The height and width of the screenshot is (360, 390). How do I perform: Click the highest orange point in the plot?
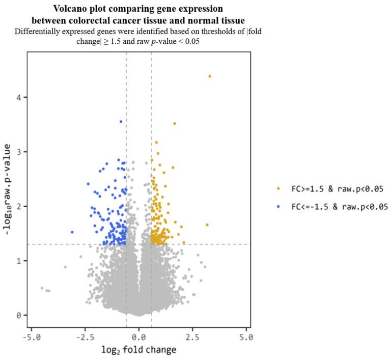pos(210,76)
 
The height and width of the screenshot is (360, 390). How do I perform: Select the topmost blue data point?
pos(121,122)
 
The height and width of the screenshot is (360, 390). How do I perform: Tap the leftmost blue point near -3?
pos(72,232)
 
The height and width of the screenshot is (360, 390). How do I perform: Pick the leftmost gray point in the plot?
pos(42,288)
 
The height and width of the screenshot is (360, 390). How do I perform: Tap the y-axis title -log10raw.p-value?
pos(7,190)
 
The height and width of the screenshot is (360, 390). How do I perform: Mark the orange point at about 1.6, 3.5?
pos(175,124)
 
